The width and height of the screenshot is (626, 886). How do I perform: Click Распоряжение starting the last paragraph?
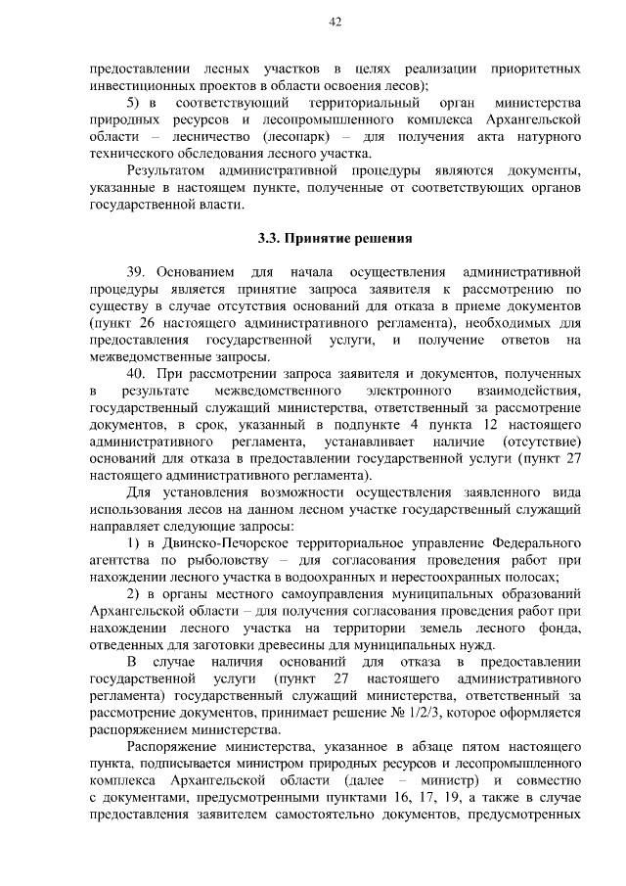click(x=174, y=749)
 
